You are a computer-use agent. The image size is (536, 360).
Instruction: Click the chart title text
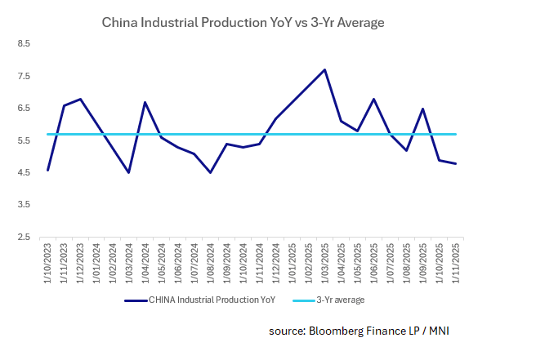[243, 23]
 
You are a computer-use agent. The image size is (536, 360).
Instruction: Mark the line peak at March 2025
[325, 69]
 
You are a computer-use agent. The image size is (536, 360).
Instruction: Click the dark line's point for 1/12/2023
[80, 99]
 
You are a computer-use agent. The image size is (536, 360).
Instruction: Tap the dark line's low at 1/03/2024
[129, 173]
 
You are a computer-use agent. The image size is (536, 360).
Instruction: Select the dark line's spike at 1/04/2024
[145, 102]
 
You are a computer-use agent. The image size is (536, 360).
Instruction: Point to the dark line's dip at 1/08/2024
[211, 173]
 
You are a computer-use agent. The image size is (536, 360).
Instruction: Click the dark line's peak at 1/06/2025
[373, 99]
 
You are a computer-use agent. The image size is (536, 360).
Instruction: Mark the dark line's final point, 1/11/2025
[455, 163]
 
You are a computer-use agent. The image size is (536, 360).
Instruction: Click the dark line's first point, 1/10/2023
[48, 170]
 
